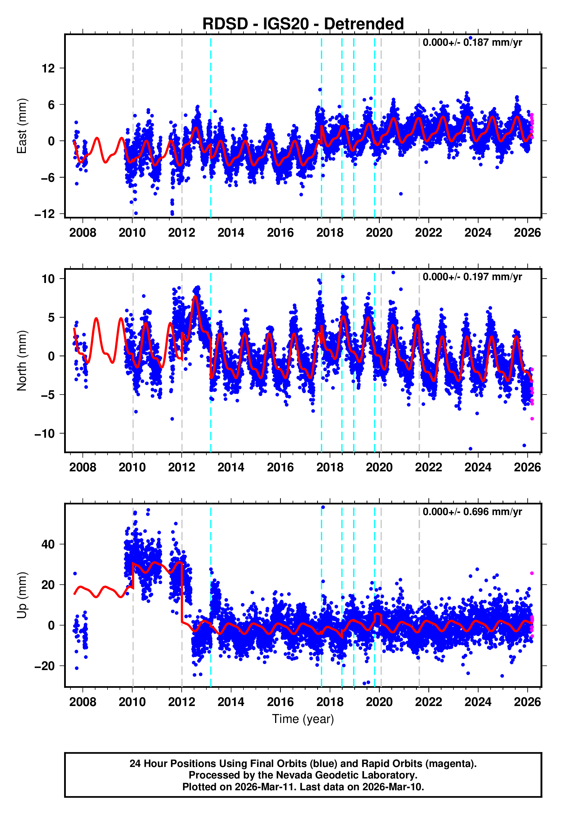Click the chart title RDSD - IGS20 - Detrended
click(303, 24)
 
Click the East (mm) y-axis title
click(22, 126)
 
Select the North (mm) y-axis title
click(22, 361)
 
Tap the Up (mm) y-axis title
click(22, 595)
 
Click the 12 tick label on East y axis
click(48, 68)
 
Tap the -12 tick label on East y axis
click(45, 214)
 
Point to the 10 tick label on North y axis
click(48, 279)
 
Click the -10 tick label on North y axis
click(45, 434)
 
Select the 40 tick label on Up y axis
click(48, 544)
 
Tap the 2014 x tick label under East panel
click(231, 233)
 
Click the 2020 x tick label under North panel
click(379, 468)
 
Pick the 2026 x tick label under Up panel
click(527, 702)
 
